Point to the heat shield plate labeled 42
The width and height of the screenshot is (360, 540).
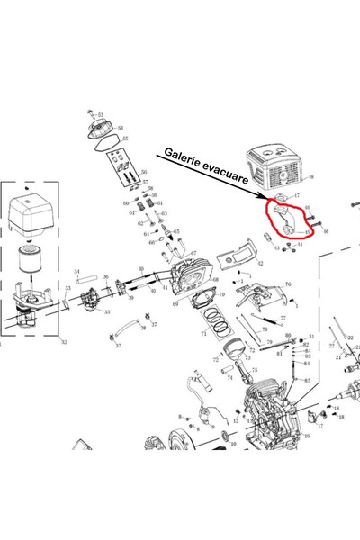click(236, 256)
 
